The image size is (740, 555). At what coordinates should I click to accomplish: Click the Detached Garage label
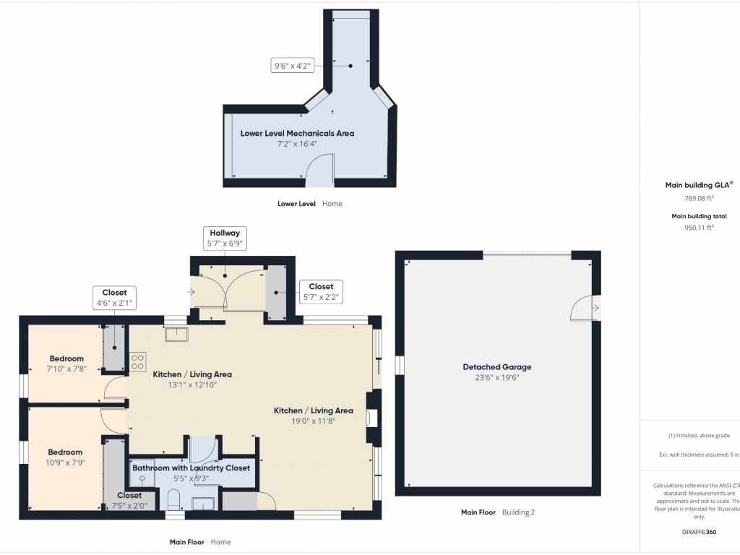coord(497,367)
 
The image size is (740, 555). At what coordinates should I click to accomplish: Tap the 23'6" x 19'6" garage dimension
coord(497,377)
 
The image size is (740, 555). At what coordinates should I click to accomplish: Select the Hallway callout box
coord(225,238)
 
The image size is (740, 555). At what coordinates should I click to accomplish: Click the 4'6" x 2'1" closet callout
coord(114,298)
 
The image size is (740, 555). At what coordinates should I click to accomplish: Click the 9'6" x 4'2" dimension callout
coord(291,66)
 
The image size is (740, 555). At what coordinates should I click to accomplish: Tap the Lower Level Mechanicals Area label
coord(297,133)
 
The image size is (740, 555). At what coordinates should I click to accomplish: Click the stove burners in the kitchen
coord(137,361)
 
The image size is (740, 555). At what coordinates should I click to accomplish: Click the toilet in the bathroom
coord(173,499)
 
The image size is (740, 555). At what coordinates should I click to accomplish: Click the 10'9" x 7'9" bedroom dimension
coord(66,462)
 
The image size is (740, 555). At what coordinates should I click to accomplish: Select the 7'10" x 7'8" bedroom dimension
coord(66,369)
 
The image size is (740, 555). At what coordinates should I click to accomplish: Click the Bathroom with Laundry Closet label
coord(191,468)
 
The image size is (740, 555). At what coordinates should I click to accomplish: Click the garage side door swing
coord(581,309)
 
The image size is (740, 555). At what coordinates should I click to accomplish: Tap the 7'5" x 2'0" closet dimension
coord(129,505)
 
